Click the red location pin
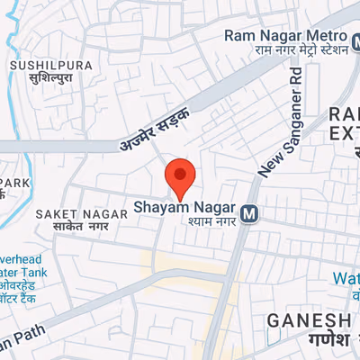tap(181, 176)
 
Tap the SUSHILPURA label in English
tap(39, 66)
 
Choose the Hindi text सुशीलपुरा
tap(40, 80)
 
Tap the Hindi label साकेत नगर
tap(72, 227)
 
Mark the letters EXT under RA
tap(345, 135)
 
